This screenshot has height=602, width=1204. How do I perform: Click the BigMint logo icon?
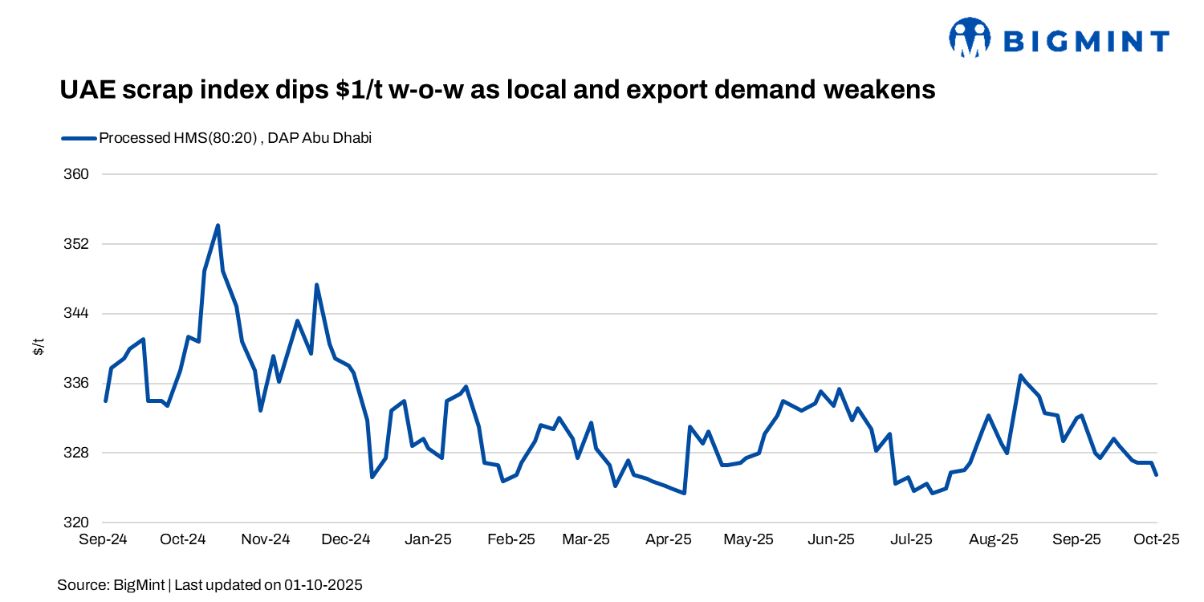coord(970,38)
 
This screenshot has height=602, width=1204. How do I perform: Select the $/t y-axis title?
coord(38,348)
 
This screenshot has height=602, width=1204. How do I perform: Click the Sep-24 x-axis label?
coord(103,539)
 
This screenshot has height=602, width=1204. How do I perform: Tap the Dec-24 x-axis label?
coord(346,539)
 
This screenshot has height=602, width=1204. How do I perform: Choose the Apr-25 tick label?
coord(669,539)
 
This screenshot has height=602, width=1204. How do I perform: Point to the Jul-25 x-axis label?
coord(911,539)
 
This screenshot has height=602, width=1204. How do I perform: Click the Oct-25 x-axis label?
coord(1155,539)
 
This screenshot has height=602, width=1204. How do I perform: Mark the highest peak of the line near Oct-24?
coord(218,226)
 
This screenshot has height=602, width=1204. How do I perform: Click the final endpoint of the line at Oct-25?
coord(1156,474)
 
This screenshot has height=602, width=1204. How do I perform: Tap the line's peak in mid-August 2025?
coord(1020,376)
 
